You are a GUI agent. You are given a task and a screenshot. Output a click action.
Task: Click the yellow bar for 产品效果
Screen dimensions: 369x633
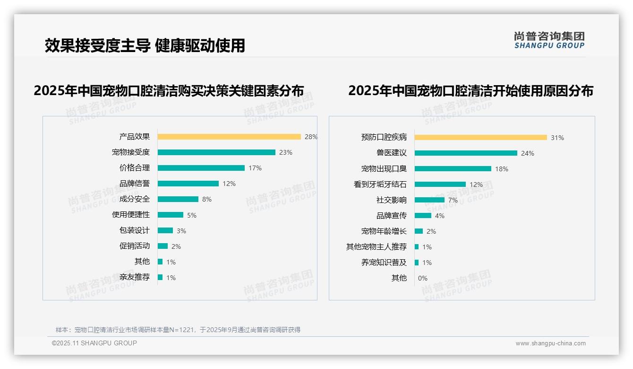pyautogui.click(x=229, y=137)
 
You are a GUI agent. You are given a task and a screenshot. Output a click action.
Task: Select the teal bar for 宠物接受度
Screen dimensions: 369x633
pyautogui.click(x=216, y=152)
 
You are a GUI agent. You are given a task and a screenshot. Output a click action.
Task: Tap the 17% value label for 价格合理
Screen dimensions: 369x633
pyautogui.click(x=255, y=168)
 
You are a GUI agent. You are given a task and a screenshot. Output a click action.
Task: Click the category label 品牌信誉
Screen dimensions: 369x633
pyautogui.click(x=135, y=184)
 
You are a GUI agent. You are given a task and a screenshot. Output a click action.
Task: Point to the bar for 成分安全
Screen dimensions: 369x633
pyautogui.click(x=178, y=199)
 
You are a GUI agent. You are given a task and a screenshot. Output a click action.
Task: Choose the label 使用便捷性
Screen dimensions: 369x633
pyautogui.click(x=131, y=215)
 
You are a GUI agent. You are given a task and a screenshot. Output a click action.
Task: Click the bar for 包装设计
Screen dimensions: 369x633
pyautogui.click(x=165, y=230)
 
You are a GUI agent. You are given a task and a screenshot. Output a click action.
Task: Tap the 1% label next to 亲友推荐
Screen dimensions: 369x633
pyautogui.click(x=171, y=278)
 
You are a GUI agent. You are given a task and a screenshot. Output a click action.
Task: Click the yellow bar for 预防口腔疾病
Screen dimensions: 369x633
pyautogui.click(x=480, y=138)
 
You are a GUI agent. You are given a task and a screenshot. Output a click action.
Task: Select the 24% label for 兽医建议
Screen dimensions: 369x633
pyautogui.click(x=527, y=153)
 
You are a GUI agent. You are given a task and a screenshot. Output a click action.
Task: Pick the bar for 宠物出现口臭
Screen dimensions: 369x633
pyautogui.click(x=453, y=169)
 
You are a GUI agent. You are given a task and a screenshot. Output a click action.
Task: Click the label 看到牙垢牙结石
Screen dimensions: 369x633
pyautogui.click(x=380, y=184)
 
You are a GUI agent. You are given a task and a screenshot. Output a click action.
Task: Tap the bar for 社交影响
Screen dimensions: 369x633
pyautogui.click(x=429, y=200)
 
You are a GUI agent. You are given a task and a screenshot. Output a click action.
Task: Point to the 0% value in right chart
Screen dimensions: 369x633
pyautogui.click(x=422, y=278)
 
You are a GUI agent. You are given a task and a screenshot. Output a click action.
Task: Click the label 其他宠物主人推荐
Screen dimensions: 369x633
pyautogui.click(x=376, y=247)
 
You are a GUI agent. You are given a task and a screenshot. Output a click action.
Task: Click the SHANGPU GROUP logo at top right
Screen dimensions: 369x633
pyautogui.click(x=549, y=40)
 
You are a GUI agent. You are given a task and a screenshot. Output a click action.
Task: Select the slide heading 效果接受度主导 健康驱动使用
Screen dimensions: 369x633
pyautogui.click(x=145, y=45)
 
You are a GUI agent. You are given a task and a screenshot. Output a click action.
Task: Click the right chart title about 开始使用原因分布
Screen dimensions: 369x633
pyautogui.click(x=470, y=90)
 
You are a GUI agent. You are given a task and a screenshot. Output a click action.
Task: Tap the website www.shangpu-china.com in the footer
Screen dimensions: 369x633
pyautogui.click(x=550, y=343)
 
